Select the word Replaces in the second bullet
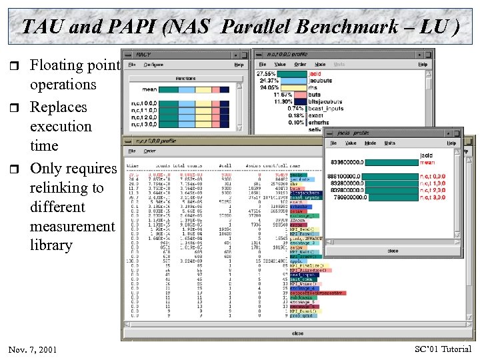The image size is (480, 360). coord(59,107)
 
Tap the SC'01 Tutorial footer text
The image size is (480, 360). coord(443,349)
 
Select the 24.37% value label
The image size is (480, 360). coord(266,80)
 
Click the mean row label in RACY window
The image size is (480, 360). coord(150,89)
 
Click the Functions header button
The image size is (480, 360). coord(185,78)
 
